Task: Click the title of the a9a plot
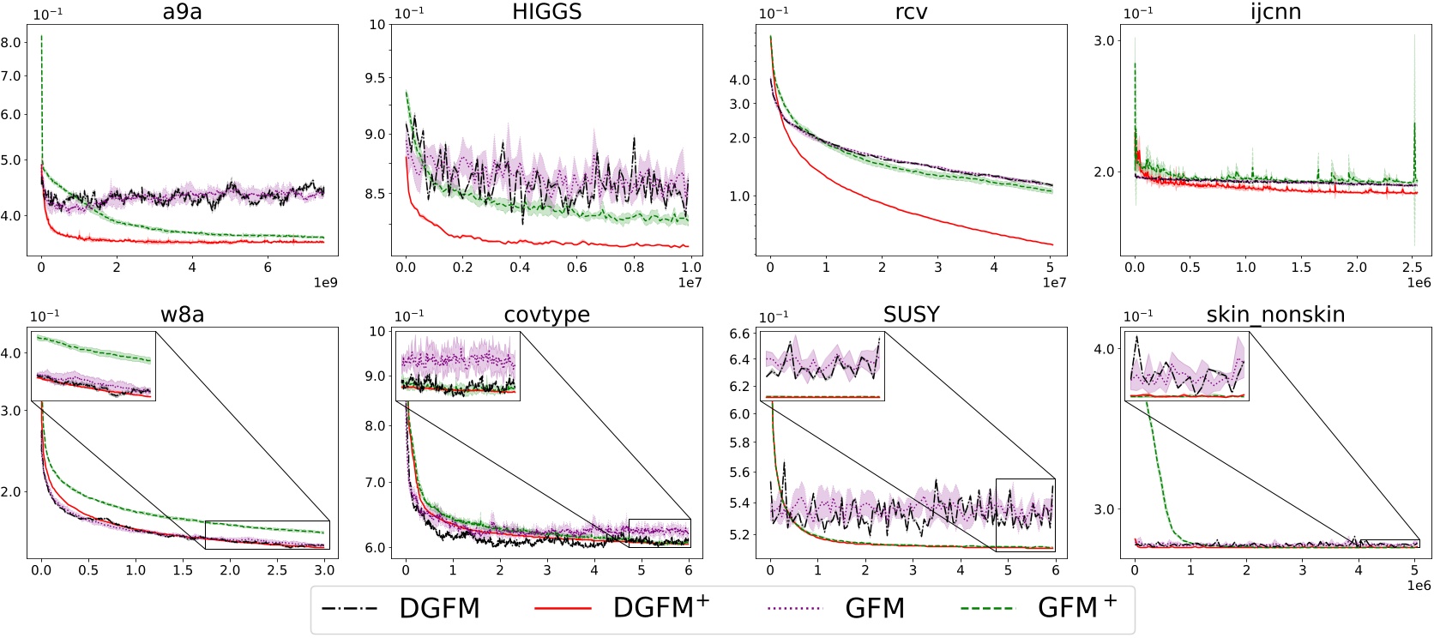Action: (x=182, y=12)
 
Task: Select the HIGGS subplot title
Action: (x=546, y=12)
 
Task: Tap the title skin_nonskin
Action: (x=1274, y=315)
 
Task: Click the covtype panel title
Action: (x=546, y=315)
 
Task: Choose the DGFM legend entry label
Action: (x=439, y=609)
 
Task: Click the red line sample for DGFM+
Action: (x=563, y=609)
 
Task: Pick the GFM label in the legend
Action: (x=874, y=609)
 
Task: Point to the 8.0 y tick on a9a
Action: (x=11, y=41)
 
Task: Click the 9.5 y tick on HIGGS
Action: (x=377, y=78)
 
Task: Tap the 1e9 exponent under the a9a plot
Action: (x=325, y=283)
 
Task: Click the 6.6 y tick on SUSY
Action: (x=739, y=334)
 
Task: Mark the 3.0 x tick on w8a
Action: (x=324, y=570)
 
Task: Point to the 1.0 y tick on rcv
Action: (x=739, y=196)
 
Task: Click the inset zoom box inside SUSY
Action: (x=822, y=367)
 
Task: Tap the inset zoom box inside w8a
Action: (x=93, y=367)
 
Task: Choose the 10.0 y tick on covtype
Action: (x=377, y=332)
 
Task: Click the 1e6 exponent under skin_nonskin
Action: (x=1419, y=586)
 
